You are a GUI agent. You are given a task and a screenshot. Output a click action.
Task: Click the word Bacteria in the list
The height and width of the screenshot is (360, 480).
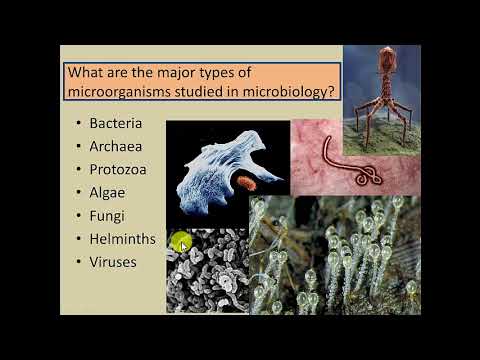click(116, 124)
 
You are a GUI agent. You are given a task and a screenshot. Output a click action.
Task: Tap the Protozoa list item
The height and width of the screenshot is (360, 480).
click(118, 170)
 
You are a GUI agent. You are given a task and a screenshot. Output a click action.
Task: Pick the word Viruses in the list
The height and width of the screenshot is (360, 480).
click(113, 263)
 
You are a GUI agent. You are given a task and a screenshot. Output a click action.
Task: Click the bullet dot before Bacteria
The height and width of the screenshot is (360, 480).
click(78, 125)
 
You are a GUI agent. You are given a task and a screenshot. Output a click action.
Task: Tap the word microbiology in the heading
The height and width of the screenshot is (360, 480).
click(285, 94)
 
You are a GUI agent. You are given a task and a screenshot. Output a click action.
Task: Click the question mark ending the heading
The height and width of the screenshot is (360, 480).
click(330, 94)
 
